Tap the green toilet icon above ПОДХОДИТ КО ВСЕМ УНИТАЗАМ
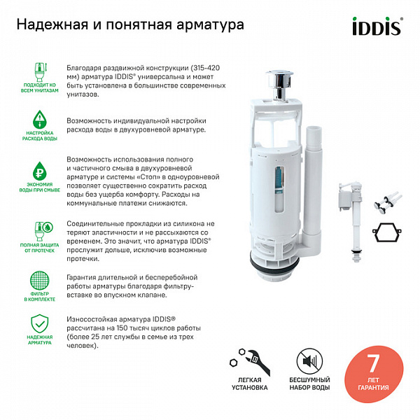(x=41, y=71)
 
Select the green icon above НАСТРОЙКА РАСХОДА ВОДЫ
(x=41, y=119)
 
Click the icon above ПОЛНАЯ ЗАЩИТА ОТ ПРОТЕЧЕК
(x=41, y=232)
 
